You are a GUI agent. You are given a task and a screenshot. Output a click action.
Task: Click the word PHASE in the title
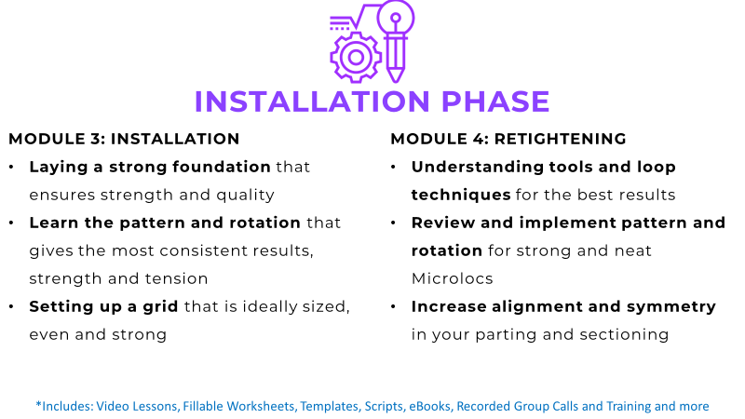point(495,101)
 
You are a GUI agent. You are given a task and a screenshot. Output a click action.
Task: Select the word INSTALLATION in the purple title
point(312,101)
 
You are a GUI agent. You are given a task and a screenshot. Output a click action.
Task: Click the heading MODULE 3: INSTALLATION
point(124,139)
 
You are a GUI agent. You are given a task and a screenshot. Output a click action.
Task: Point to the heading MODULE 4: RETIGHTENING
point(508,139)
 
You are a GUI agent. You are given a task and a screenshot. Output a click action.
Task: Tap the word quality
point(245,196)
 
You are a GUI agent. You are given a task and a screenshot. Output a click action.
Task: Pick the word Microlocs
point(453,278)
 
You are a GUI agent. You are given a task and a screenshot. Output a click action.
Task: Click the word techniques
point(461,196)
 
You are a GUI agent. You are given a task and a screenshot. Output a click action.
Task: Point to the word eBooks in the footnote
point(429,406)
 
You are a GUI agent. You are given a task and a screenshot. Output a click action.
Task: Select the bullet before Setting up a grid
point(11,306)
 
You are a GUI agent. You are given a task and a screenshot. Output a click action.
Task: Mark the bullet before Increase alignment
point(393,306)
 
